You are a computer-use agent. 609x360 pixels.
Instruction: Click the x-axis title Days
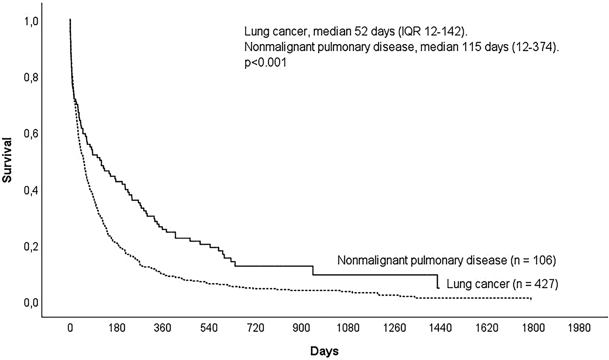tap(324, 351)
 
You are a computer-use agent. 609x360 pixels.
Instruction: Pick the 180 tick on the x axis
tap(117, 328)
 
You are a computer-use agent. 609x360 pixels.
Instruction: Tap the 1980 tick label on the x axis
tap(579, 328)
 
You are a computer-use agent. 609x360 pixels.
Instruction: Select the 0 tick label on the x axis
tap(70, 328)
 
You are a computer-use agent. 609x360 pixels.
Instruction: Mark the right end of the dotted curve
tap(531, 299)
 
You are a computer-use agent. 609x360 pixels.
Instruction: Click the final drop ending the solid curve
tap(438, 282)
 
